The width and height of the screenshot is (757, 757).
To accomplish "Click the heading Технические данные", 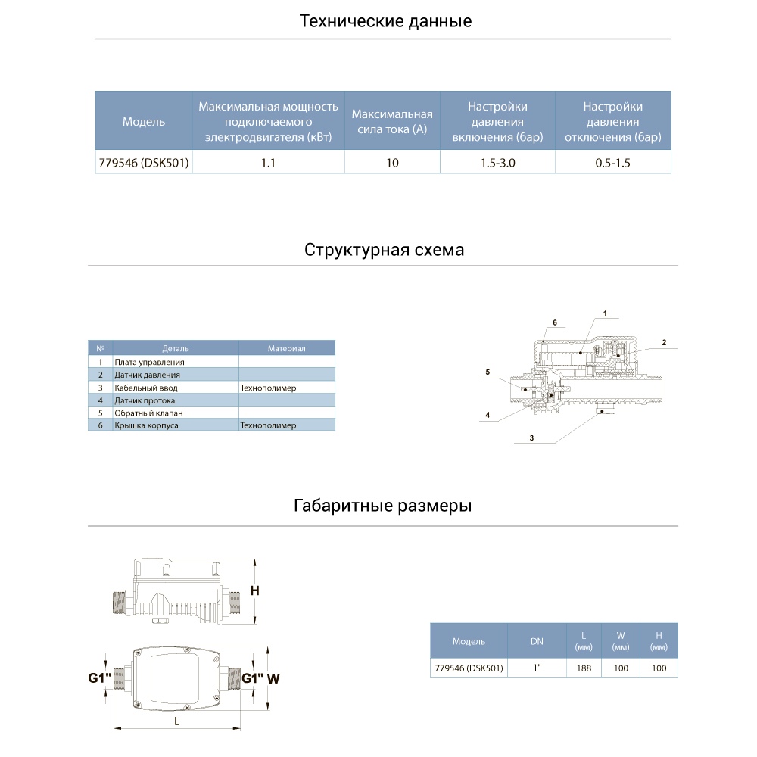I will pos(385,21).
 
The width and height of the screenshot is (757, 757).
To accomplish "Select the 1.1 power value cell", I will pos(268,163).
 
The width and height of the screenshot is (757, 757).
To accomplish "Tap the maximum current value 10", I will pos(392,163).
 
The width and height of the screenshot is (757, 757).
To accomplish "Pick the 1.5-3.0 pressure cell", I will pos(497,163).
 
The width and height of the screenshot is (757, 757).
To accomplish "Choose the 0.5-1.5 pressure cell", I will pos(613,163).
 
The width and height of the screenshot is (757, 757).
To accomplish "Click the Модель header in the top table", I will pos(144,122).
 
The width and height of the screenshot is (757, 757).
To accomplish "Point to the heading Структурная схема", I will pos(385,250).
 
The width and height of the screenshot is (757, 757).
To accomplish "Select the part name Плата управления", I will pos(149,363).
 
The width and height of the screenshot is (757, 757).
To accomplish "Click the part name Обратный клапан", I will pos(148,413).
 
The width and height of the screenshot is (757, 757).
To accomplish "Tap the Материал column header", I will pos(286,349).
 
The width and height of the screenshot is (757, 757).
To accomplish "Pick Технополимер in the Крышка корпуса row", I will pos(268,426).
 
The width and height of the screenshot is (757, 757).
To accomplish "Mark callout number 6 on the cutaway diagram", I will pos(554,322).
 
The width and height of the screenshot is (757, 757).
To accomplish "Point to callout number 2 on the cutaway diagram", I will pos(664,343).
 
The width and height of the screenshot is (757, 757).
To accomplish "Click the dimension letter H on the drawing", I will pos(255,591).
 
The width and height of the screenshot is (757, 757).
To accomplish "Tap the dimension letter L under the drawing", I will pos(176,721).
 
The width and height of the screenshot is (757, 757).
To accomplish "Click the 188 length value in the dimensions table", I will pos(583,668).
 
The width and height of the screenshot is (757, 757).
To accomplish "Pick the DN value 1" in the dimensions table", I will pos(536,668).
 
